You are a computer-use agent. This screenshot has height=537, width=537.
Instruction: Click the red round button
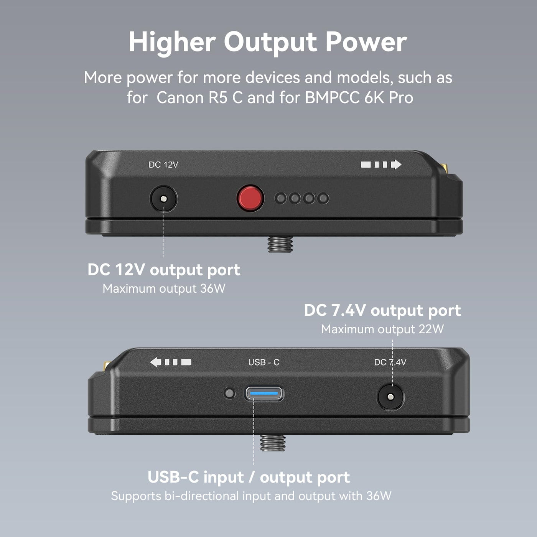pyautogui.click(x=250, y=199)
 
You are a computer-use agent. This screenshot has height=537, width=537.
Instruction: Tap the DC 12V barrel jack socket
pyautogui.click(x=163, y=199)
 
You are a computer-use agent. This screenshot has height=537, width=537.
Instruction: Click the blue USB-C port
pyautogui.click(x=264, y=394)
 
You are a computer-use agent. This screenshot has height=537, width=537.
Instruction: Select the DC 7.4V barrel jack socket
pyautogui.click(x=390, y=397)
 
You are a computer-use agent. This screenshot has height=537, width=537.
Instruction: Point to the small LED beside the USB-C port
pyautogui.click(x=229, y=394)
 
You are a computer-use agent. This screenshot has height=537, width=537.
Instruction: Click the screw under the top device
pyautogui.click(x=280, y=244)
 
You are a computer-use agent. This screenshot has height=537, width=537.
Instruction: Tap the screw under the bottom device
pyautogui.click(x=273, y=443)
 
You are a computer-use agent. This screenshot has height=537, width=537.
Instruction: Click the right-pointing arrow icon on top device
pyautogui.click(x=381, y=165)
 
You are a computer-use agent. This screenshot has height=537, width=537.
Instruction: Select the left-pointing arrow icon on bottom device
pyautogui.click(x=171, y=362)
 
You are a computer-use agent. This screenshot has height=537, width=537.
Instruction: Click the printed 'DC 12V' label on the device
pyautogui.click(x=163, y=165)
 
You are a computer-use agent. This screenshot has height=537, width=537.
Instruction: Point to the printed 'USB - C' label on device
pyautogui.click(x=264, y=362)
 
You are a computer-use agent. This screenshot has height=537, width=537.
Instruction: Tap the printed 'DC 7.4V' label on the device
pyautogui.click(x=390, y=362)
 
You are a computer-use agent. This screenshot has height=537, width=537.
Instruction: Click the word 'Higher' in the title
pyautogui.click(x=172, y=42)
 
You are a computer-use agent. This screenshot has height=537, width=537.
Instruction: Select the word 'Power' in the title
pyautogui.click(x=366, y=42)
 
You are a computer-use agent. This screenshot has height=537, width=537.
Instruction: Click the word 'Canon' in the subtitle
pyautogui.click(x=180, y=98)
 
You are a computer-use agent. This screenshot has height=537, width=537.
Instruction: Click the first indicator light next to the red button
pyautogui.click(x=281, y=198)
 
